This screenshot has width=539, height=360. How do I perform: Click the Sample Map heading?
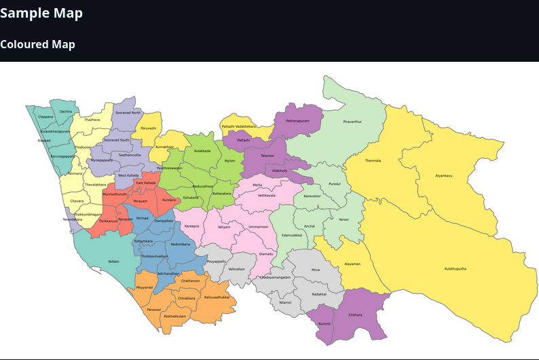pyautogui.click(x=41, y=13)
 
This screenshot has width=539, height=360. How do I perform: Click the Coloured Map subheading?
pyautogui.click(x=37, y=44)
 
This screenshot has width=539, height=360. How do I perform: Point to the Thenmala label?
pyautogui.click(x=373, y=160)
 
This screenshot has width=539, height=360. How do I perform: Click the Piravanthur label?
pyautogui.click(x=352, y=121)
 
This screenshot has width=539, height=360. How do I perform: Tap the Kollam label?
pyautogui.click(x=113, y=262)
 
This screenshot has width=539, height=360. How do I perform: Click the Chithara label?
pyautogui.click(x=355, y=314)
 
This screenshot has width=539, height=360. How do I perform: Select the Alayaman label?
pyautogui.click(x=352, y=264)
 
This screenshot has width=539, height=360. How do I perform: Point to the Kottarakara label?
pyautogui.click(x=221, y=193)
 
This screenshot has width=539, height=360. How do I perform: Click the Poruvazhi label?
pyautogui.click(x=148, y=128)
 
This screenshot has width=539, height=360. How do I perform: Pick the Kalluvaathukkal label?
pyautogui.click(x=217, y=297)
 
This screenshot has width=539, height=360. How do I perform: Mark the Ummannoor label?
pyautogui.click(x=258, y=226)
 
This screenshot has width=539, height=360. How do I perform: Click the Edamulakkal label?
pyautogui.click(x=291, y=235)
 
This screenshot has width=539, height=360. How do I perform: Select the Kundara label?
pyautogui.click(x=169, y=200)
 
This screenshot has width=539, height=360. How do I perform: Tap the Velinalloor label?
pyautogui.click(x=236, y=269)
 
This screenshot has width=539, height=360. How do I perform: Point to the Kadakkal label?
pyautogui.click(x=319, y=293)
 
